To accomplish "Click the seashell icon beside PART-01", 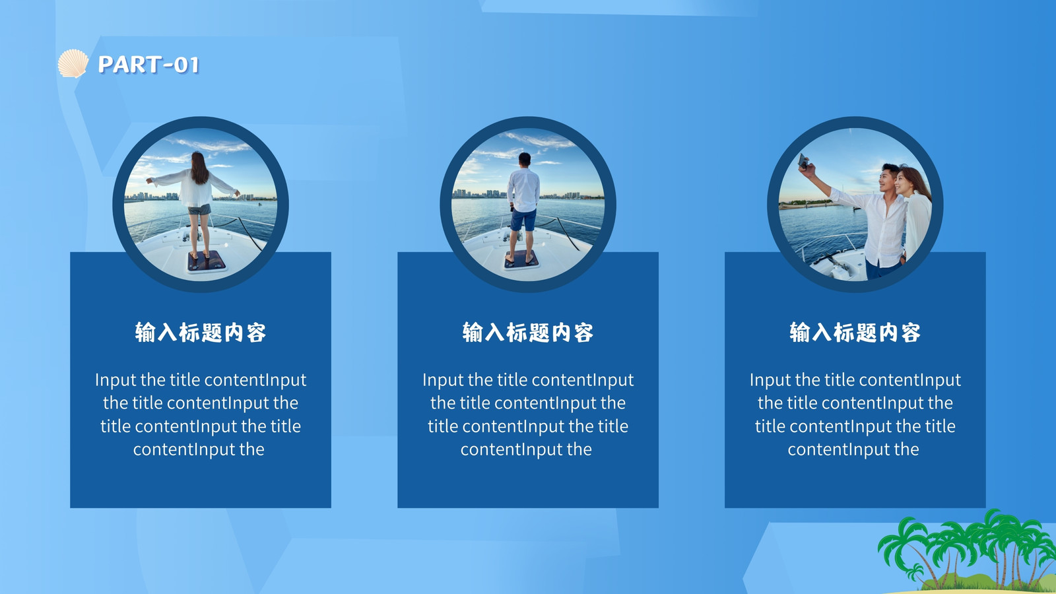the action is [73, 63].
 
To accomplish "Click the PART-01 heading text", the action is [148, 65].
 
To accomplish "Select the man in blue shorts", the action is [523, 207].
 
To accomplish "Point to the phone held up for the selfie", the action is [803, 161].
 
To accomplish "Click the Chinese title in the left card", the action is [201, 333].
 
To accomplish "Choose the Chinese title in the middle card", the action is [527, 333].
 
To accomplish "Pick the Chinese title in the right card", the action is [855, 333].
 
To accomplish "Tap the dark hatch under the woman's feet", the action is [207, 261].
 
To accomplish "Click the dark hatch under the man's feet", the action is [521, 259].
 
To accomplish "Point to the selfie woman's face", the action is [902, 182].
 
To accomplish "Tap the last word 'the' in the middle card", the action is [579, 449].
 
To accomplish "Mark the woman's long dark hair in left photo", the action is [199, 168].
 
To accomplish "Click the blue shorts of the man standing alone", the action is [523, 220].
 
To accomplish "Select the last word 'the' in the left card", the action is [251, 449].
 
